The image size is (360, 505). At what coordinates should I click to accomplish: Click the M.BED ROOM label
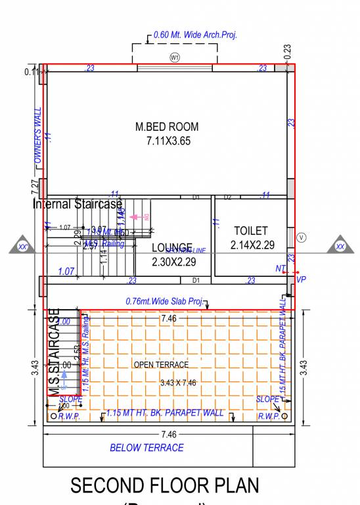point(167,126)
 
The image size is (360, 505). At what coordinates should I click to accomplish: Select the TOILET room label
point(250,231)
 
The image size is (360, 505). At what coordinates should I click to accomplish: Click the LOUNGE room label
point(171,247)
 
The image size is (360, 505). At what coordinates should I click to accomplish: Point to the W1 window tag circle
point(175,58)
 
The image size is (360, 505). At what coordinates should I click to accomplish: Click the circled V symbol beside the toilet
point(302,237)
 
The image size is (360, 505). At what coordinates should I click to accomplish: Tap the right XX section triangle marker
point(340,247)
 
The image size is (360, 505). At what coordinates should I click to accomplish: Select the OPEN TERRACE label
point(161,364)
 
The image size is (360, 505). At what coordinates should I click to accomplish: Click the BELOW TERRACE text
point(146,448)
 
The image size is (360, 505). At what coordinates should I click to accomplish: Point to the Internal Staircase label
point(78,204)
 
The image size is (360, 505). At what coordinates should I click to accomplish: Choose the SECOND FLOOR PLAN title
point(164,485)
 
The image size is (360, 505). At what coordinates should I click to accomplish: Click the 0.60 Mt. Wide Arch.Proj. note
point(194,34)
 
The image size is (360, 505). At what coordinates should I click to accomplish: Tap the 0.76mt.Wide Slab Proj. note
point(164,301)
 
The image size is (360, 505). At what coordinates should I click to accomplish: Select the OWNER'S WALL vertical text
point(37,136)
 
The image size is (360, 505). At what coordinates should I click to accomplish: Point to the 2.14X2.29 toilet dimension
point(252,245)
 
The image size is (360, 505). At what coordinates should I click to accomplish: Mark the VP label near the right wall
point(301,279)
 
